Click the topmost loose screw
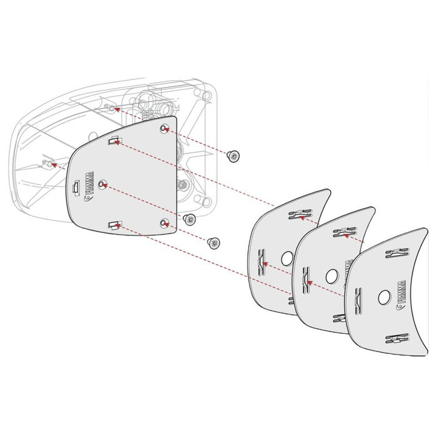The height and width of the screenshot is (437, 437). (x=234, y=155)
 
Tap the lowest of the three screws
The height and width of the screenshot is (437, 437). (x=214, y=241)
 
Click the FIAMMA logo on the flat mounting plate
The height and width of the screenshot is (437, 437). (x=89, y=186)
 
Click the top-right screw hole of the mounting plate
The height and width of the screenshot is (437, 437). (x=164, y=129)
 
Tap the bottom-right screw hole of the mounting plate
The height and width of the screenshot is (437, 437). (x=164, y=222)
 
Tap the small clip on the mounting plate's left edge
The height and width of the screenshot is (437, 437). (x=75, y=187)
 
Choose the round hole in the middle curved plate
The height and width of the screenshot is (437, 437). (x=331, y=275)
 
